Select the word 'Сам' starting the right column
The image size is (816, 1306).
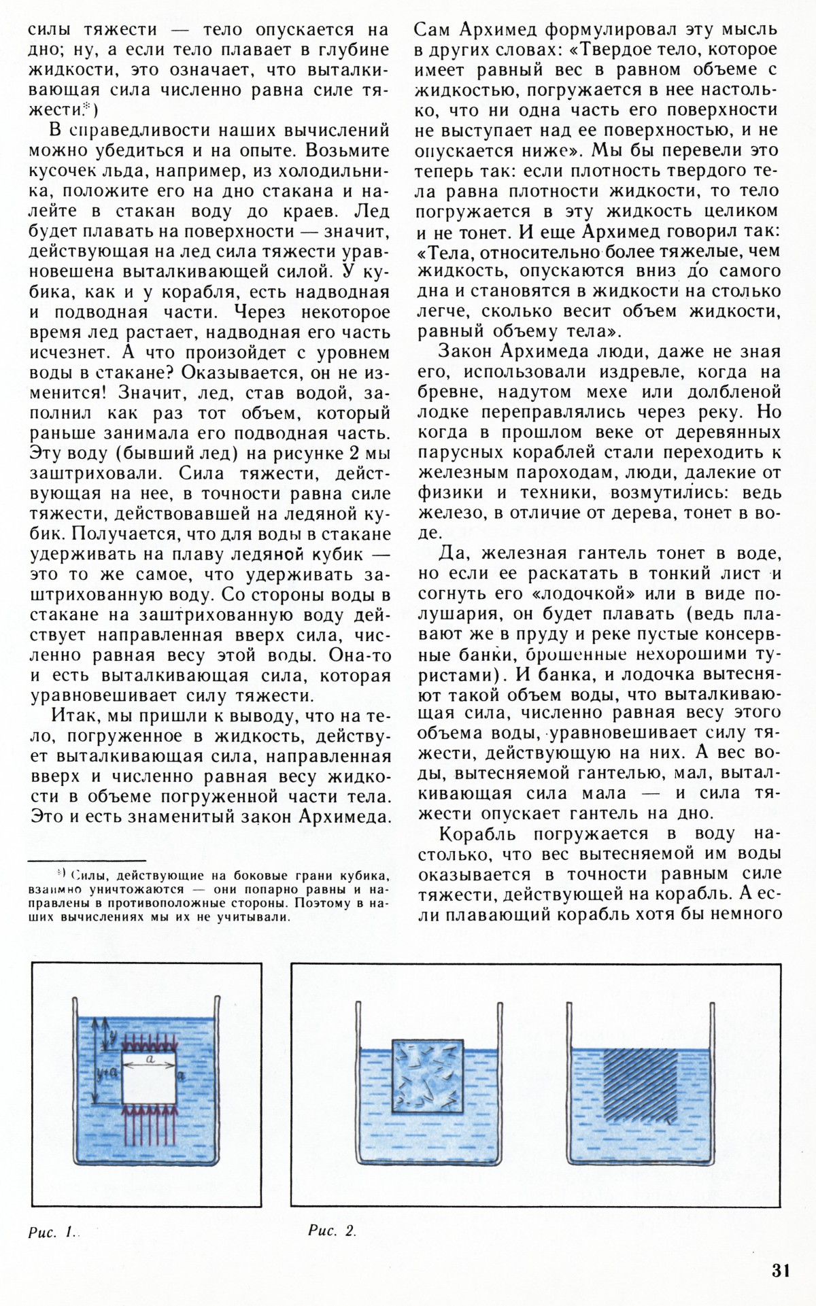click(x=433, y=30)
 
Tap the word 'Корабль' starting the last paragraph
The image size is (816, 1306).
click(x=475, y=834)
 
